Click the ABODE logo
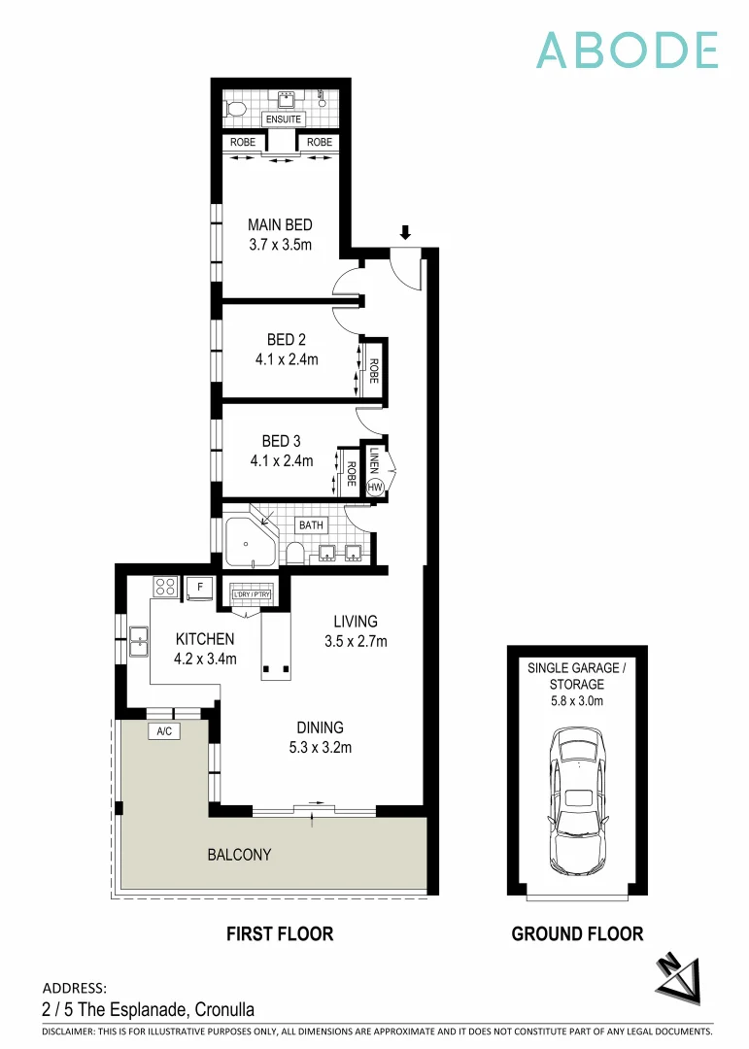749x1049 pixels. [x=628, y=51]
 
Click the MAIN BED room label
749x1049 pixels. [x=280, y=225]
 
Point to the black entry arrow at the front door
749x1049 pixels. [x=405, y=232]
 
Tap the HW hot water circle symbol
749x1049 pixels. [x=375, y=487]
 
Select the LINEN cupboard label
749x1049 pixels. [x=374, y=458]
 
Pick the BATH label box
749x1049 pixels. [x=311, y=525]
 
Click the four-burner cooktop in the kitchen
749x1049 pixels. [x=163, y=587]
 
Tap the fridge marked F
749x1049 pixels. [x=200, y=587]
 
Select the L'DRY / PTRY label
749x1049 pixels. [x=252, y=592]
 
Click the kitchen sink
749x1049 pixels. [x=138, y=638]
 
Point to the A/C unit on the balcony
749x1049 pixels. [x=162, y=731]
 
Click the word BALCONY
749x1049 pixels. [x=239, y=855]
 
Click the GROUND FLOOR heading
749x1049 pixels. [x=577, y=933]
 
